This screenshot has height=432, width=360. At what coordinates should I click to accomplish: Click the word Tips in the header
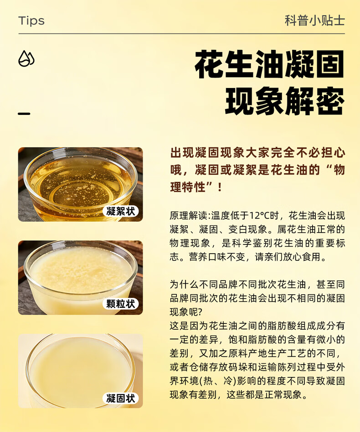point(31,21)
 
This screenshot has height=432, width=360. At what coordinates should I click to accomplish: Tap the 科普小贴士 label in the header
point(314,21)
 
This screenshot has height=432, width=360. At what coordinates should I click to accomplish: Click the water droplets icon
point(26,59)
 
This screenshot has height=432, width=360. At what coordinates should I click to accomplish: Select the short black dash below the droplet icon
point(24,114)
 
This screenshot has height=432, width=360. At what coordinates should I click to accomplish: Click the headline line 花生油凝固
point(269,66)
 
